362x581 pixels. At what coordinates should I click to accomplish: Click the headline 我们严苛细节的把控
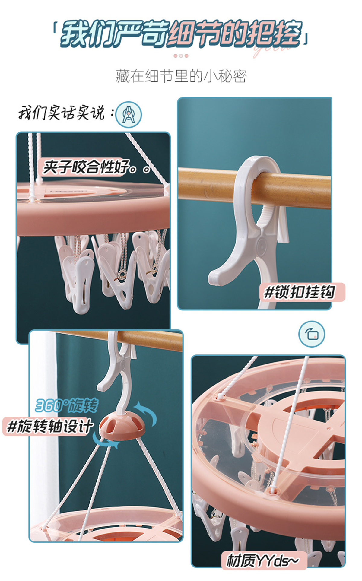point(181,34)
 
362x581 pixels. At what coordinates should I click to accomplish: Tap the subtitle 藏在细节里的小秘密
point(181,76)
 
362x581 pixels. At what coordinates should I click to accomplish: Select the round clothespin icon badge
point(129,114)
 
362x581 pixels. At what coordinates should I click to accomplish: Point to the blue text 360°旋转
point(67,405)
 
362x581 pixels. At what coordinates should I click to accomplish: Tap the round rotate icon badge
point(312,334)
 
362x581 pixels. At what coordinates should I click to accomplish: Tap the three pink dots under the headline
point(181,56)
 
